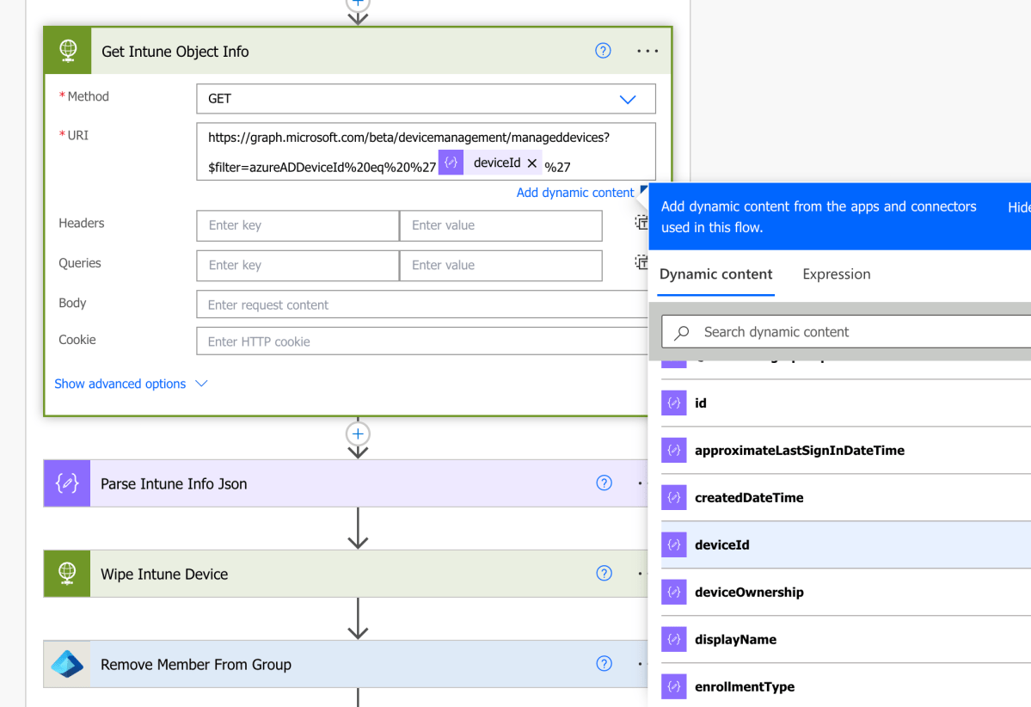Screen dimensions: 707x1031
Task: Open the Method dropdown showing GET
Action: [426, 99]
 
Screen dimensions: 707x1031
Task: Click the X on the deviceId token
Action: [531, 163]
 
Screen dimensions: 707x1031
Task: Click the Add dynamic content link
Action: [574, 193]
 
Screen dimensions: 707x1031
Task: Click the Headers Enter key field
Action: [298, 225]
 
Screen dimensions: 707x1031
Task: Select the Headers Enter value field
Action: [500, 225]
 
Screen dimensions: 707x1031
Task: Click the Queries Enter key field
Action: [298, 265]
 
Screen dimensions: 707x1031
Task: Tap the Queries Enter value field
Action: [500, 265]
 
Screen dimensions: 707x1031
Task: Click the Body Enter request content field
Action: [421, 304]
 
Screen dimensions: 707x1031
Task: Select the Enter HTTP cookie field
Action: [421, 341]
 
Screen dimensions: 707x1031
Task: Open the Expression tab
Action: [836, 274]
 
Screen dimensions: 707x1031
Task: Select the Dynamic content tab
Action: [715, 274]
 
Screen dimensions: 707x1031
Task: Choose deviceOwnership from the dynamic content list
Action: [749, 592]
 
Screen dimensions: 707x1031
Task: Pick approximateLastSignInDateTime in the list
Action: [799, 450]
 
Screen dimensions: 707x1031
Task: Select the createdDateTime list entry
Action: [749, 497]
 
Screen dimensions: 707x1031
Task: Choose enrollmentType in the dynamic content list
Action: [744, 686]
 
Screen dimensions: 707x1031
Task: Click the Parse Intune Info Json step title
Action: [174, 483]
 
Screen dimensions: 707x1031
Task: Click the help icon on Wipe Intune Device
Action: [604, 574]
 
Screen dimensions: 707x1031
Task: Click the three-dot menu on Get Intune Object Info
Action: [647, 52]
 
